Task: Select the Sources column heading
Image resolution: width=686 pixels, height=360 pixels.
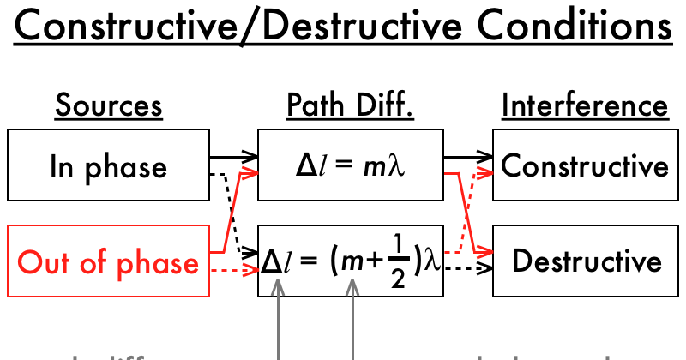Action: pos(108,105)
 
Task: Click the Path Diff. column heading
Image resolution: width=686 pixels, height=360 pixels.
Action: pos(350,105)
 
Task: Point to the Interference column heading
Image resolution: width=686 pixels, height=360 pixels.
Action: pos(585,105)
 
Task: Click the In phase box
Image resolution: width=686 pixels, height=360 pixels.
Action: pos(108,165)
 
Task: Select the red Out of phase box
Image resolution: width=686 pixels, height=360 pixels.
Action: pos(108,261)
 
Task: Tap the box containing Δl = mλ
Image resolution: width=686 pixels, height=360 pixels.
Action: pos(350,165)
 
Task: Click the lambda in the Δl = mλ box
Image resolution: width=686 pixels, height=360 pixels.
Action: pos(396,165)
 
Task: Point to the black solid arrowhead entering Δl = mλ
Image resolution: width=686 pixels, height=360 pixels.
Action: pos(250,157)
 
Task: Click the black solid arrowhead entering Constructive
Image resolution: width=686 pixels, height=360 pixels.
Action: pos(487,157)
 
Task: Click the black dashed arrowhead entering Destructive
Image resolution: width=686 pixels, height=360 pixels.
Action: pos(487,268)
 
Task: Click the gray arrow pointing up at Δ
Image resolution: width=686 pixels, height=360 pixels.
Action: pos(277,326)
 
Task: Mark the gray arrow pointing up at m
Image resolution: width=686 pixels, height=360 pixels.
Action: pos(352,326)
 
